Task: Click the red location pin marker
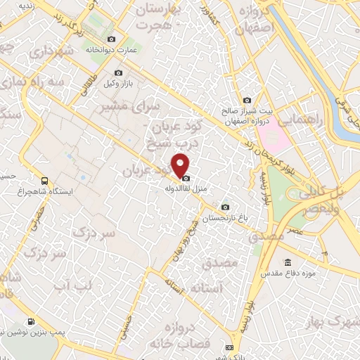coord(181,164)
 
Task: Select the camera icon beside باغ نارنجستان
coord(225,207)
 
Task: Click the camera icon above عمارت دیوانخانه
coord(110,39)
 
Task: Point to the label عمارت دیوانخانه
coord(111,51)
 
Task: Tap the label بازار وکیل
coord(118,84)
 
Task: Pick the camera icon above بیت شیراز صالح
coord(247,100)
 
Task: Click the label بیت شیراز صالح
coord(241,111)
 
